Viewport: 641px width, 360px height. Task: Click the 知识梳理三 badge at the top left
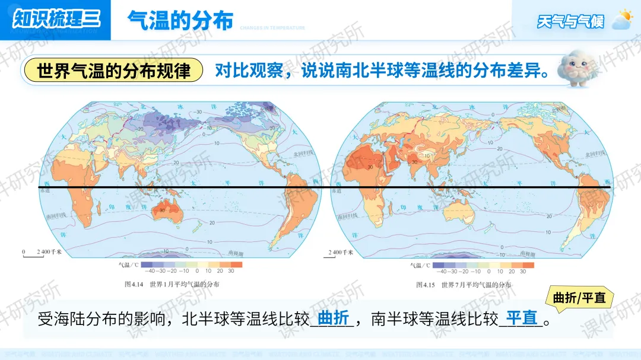pyautogui.click(x=56, y=20)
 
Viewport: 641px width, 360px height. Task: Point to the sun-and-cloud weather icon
pyautogui.click(x=623, y=19)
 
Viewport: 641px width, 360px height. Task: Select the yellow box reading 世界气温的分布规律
pyautogui.click(x=113, y=71)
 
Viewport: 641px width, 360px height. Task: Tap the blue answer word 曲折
pyautogui.click(x=333, y=318)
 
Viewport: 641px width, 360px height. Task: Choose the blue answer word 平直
pyautogui.click(x=521, y=318)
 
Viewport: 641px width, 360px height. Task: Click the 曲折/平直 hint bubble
pyautogui.click(x=579, y=298)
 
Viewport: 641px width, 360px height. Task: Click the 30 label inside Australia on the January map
pyautogui.click(x=161, y=209)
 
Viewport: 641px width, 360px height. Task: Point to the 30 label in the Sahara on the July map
pyautogui.click(x=370, y=167)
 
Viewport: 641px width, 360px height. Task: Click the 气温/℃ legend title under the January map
pyautogui.click(x=129, y=265)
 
